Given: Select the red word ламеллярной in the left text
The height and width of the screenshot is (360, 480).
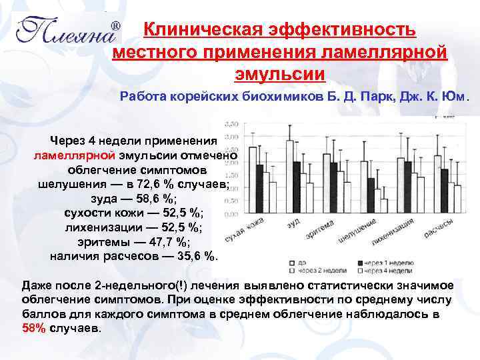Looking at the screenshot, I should [74, 155].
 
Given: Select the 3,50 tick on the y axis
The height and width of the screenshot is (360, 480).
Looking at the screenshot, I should [231, 125].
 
